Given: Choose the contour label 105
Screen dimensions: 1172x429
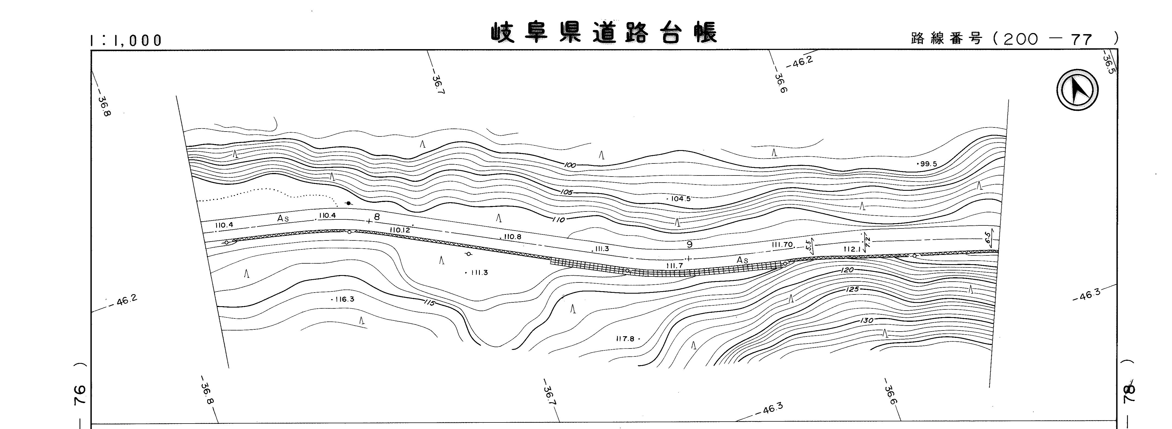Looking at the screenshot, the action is coord(567,192).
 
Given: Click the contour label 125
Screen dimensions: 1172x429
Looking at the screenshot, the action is coord(852,289).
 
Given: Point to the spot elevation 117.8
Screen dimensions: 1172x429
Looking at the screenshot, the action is coord(627,339).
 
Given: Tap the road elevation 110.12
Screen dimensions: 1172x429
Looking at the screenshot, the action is coord(400,230).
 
